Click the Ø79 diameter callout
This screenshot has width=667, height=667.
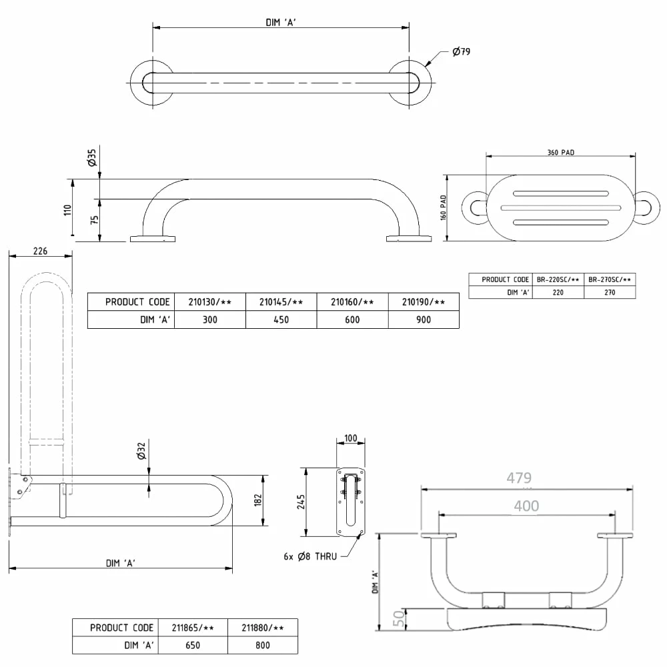pyautogui.click(x=461, y=51)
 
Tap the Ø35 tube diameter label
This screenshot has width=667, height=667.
pyautogui.click(x=92, y=157)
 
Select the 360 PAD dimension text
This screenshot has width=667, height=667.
pyautogui.click(x=561, y=152)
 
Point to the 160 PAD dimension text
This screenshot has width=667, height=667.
pyautogui.click(x=444, y=207)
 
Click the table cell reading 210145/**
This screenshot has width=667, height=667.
pyautogui.click(x=281, y=302)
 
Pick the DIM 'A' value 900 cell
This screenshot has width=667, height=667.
pyautogui.click(x=424, y=319)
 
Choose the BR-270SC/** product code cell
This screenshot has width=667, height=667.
pyautogui.click(x=610, y=279)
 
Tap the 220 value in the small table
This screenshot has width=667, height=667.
pyautogui.click(x=558, y=292)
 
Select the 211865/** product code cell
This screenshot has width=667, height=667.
pyautogui.click(x=193, y=628)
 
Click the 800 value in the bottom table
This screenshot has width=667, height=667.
pyautogui.click(x=262, y=645)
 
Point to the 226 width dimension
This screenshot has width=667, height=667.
pyautogui.click(x=41, y=251)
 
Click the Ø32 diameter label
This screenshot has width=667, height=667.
pyautogui.click(x=141, y=451)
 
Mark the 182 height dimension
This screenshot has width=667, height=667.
pyautogui.click(x=257, y=500)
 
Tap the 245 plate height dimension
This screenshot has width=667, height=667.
pyautogui.click(x=301, y=502)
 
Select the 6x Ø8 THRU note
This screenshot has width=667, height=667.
pyautogui.click(x=310, y=556)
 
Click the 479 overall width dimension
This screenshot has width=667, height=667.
pyautogui.click(x=519, y=478)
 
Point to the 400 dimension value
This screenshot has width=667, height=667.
pyautogui.click(x=527, y=506)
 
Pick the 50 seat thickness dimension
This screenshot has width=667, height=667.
pyautogui.click(x=399, y=618)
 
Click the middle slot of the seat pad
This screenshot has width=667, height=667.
pyautogui.click(x=561, y=208)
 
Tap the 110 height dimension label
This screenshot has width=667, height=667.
pyautogui.click(x=67, y=209)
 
